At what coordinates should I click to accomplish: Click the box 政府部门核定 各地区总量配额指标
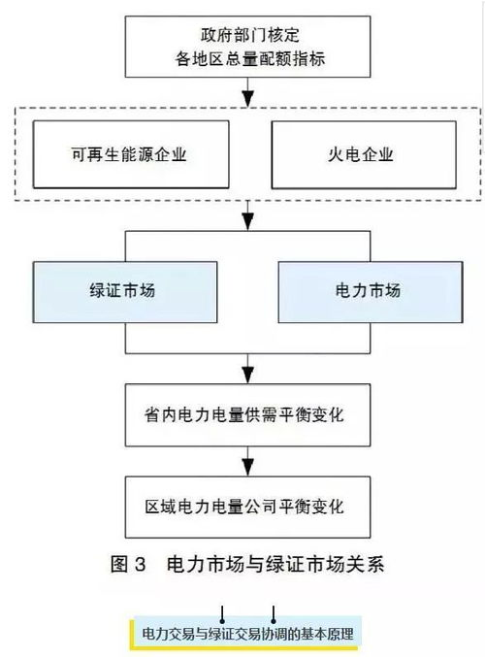tap(248, 46)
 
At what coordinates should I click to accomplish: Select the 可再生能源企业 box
tap(129, 153)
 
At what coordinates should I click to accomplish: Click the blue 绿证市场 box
tap(129, 290)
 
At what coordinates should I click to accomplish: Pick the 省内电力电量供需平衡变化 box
tap(248, 414)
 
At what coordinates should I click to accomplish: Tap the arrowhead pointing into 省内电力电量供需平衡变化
tap(248, 374)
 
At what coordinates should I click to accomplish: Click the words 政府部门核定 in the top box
tap(248, 34)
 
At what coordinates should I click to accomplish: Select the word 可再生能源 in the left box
tap(116, 153)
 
